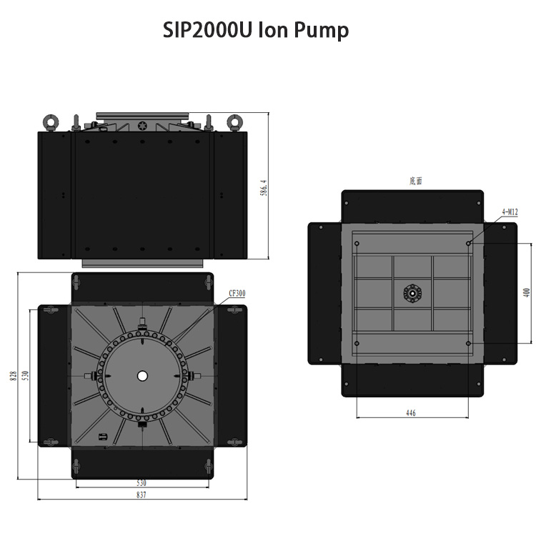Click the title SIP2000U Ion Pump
256,30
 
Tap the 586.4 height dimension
264,188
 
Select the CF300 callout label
237,293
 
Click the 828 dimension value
14,376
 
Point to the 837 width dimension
142,495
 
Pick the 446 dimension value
411,413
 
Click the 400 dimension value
527,292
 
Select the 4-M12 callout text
510,212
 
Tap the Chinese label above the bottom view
416,181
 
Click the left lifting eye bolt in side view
51,122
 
